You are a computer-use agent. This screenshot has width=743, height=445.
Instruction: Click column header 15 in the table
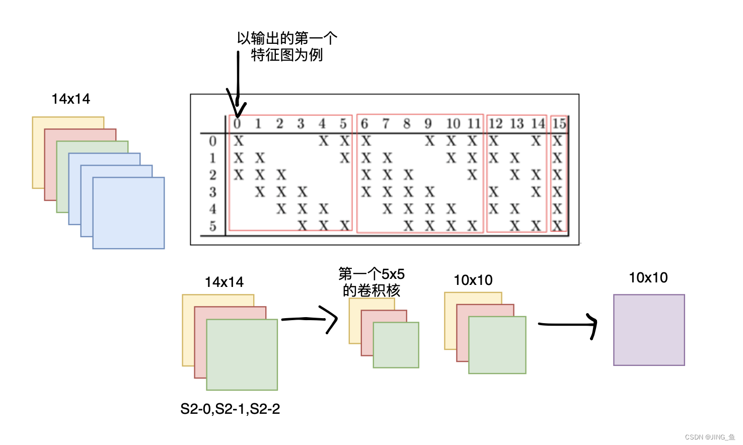(559, 123)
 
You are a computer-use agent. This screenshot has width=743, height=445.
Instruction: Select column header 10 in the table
(453, 123)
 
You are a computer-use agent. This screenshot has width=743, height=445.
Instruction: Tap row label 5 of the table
(212, 226)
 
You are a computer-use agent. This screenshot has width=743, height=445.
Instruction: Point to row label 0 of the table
(212, 141)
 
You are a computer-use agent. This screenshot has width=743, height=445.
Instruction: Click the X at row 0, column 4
(323, 141)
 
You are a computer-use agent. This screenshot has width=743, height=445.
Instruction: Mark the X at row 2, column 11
(472, 175)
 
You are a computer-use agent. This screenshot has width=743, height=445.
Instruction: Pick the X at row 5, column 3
(302, 226)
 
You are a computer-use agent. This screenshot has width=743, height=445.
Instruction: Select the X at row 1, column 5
(344, 158)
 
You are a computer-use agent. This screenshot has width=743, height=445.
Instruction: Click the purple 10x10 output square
(649, 330)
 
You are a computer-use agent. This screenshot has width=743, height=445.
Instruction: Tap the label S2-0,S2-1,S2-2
(230, 409)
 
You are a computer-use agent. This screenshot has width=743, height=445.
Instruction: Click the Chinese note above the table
(287, 46)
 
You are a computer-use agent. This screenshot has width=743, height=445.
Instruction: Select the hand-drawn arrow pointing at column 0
(237, 86)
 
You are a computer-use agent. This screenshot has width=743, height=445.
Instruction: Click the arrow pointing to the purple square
(569, 324)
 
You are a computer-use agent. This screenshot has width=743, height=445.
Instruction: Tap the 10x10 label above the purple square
(648, 277)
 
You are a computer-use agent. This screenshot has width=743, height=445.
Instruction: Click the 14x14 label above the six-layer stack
(71, 99)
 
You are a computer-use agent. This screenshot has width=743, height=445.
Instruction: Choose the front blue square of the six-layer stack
(129, 213)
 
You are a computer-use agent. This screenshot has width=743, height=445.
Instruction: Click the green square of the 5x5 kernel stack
(396, 345)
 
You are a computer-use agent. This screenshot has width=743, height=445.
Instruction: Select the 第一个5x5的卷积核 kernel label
(371, 282)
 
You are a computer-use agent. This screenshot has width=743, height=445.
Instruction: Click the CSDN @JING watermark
(710, 437)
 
